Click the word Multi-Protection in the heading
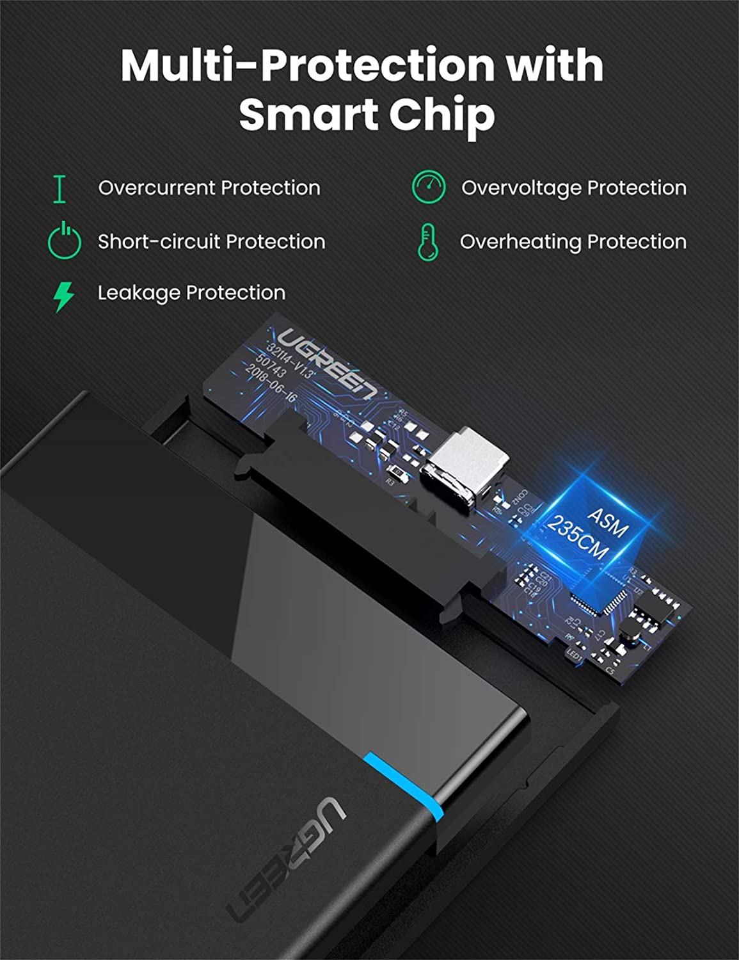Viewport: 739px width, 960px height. (307, 65)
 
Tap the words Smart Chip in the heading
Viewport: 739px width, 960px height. (367, 115)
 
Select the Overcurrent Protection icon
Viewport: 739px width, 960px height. (60, 189)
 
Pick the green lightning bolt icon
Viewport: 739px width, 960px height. (63, 296)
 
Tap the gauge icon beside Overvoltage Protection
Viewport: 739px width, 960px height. (428, 188)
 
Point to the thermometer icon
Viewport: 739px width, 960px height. (427, 242)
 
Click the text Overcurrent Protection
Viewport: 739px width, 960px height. (209, 188)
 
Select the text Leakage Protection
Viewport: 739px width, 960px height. (191, 293)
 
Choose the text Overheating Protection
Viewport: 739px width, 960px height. (573, 242)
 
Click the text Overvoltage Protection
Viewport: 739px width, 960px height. (573, 188)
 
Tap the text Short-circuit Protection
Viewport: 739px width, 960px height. (211, 242)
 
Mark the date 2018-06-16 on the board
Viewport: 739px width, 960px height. (271, 384)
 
